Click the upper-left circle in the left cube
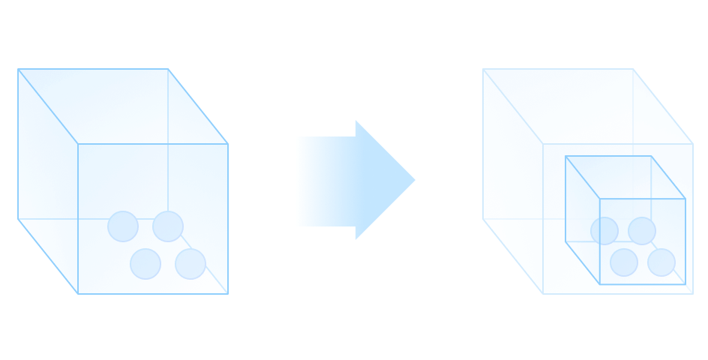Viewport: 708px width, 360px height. [123, 226]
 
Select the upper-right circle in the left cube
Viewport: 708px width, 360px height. [168, 226]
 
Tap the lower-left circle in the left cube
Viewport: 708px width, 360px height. [145, 264]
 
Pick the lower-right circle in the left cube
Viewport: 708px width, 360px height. [190, 264]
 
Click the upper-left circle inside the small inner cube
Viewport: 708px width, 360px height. [604, 231]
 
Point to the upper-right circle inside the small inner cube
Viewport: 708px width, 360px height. [642, 231]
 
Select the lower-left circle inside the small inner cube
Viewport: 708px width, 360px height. [624, 262]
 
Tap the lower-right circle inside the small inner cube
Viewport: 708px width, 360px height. [661, 262]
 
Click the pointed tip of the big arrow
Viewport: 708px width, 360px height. [413, 180]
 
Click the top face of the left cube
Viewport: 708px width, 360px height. [123, 106]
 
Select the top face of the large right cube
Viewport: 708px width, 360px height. [588, 106]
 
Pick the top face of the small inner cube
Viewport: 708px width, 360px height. [625, 177]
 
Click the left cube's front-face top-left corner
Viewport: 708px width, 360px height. [78, 144]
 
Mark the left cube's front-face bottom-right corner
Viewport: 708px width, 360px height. [228, 294]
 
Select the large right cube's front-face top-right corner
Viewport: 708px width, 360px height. [693, 144]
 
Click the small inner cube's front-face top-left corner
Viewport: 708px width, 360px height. [600, 199]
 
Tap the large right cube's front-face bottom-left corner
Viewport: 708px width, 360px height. [543, 294]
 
